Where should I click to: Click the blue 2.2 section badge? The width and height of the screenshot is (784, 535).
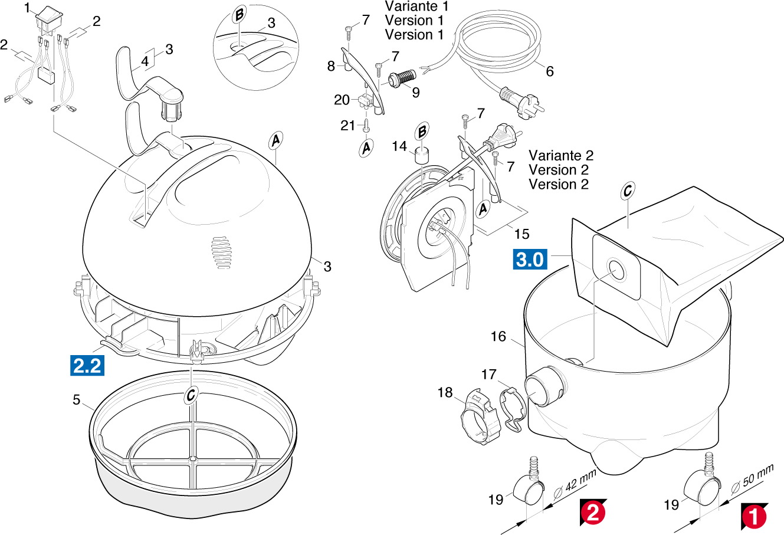pos(87,366)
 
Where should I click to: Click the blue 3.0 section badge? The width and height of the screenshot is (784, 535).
pos(530,259)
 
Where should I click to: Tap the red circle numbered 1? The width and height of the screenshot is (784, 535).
pos(753,517)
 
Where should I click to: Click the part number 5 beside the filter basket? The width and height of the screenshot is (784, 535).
pos(76,400)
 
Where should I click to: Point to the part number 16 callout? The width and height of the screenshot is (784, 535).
pos(498,336)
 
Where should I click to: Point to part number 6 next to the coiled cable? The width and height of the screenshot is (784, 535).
pos(550,71)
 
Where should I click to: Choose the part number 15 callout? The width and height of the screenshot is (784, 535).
pos(521,234)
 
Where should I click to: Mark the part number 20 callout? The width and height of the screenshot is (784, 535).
pos(342,100)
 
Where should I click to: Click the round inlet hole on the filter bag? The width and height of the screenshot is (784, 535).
pos(615,270)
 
